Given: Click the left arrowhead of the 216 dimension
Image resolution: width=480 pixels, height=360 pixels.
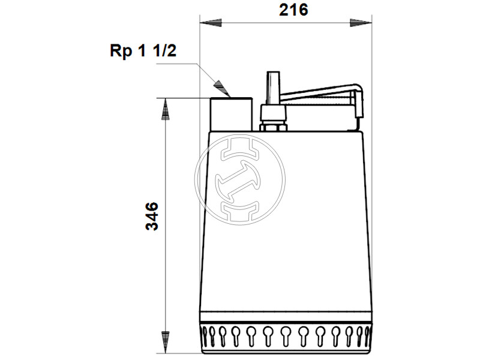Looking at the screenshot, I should (210, 23).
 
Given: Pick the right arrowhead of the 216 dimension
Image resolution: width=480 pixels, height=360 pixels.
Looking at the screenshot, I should (361, 23).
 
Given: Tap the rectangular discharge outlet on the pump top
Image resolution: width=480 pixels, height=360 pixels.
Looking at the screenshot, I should (230, 114).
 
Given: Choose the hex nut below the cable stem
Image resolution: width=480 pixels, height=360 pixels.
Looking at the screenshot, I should (273, 127).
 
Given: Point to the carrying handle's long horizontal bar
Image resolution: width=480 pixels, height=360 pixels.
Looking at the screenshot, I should (318, 93).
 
